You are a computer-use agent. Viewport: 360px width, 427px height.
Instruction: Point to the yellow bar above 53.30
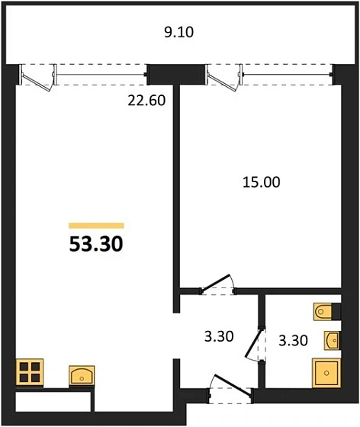[x=96, y=226]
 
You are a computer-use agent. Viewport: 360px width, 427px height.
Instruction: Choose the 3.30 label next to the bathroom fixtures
[x=294, y=340]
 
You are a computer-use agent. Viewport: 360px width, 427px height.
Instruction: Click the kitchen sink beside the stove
[x=82, y=375]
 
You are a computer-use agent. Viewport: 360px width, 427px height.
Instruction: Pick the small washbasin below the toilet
[x=332, y=339]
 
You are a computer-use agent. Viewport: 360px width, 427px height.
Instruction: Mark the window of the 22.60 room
[x=100, y=75]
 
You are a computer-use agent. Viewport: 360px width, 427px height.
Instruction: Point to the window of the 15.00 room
[x=285, y=75]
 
